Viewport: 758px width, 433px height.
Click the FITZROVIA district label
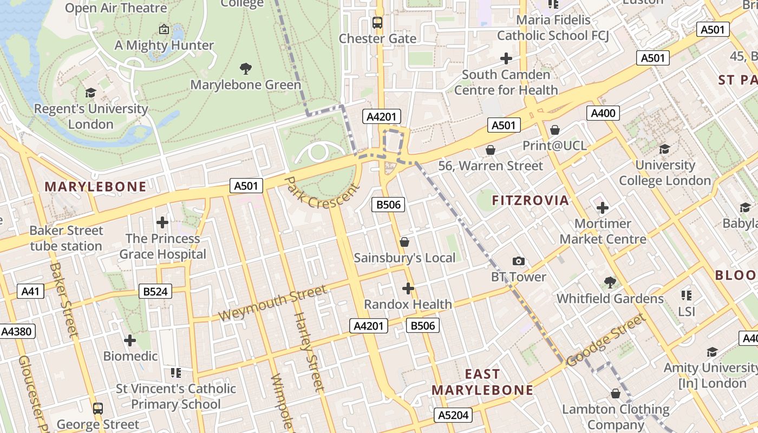(530, 200)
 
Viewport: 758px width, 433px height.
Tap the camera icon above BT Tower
(519, 261)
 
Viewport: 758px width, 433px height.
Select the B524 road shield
(155, 292)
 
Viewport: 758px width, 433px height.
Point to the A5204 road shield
(453, 415)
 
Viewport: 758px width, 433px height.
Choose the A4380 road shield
(17, 331)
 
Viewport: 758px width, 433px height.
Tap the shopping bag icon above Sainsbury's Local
(404, 242)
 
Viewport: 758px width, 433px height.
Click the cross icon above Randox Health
(408, 288)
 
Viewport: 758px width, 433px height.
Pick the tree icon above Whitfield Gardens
(610, 283)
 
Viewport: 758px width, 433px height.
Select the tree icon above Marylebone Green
(246, 69)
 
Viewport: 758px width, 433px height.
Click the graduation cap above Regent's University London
(90, 93)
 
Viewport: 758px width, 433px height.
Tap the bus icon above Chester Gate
(377, 23)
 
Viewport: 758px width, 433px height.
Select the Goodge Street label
(606, 340)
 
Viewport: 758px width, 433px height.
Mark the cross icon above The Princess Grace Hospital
(162, 222)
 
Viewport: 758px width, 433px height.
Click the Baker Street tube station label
(66, 238)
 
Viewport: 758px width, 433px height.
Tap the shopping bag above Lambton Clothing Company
(615, 393)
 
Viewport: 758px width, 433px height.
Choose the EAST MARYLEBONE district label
(482, 382)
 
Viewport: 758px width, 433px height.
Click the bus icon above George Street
(98, 409)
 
